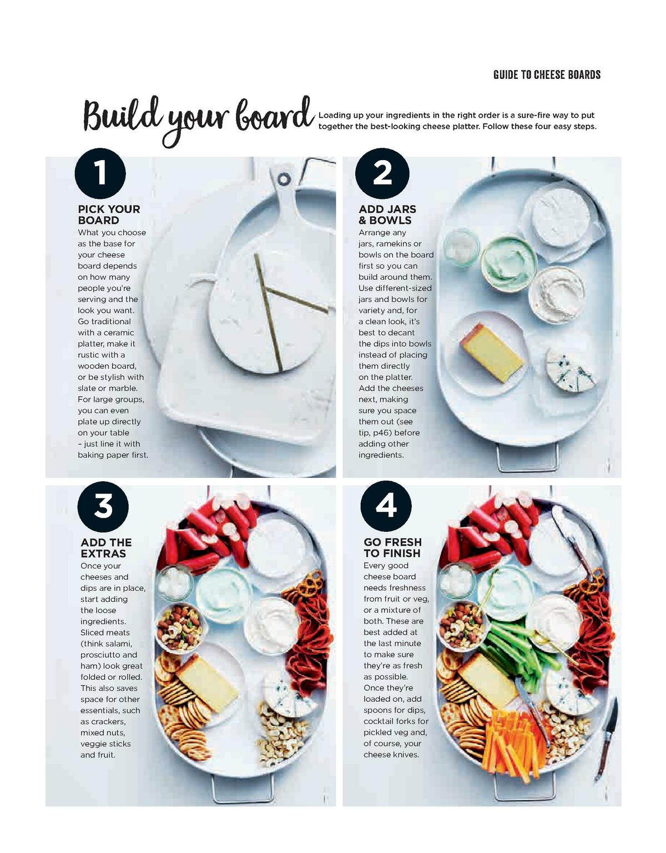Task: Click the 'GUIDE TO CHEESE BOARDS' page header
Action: coord(547,74)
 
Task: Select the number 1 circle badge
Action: coord(100,173)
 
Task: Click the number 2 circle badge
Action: coord(382,173)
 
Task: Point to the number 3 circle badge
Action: coord(103,506)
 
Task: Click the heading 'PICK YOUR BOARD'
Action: coord(109,215)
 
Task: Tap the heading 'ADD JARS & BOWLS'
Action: coord(387,215)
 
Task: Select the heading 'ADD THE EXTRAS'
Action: coord(106,548)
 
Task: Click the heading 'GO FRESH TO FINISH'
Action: coord(392,547)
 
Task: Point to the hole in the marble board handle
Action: coord(284,179)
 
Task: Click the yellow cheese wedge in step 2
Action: coord(491,353)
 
